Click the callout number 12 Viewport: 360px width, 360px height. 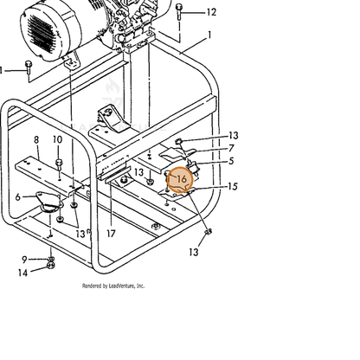point(211,12)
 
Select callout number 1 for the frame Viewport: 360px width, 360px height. point(209,35)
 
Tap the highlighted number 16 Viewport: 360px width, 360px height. point(182,179)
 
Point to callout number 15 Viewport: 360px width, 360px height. point(233,186)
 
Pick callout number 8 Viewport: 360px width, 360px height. point(36,140)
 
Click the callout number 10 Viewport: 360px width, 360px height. point(58,139)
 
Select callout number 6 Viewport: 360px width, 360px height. point(18,197)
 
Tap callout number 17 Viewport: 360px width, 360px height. point(111,234)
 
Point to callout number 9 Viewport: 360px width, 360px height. point(24,260)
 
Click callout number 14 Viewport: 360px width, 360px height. point(22,273)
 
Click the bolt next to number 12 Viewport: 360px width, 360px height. point(179,11)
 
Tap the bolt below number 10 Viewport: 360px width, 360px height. point(59,164)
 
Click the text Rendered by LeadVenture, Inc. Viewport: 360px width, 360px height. point(113,286)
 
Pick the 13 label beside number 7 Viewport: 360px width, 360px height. point(234,136)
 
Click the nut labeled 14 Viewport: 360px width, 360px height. point(50,265)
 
